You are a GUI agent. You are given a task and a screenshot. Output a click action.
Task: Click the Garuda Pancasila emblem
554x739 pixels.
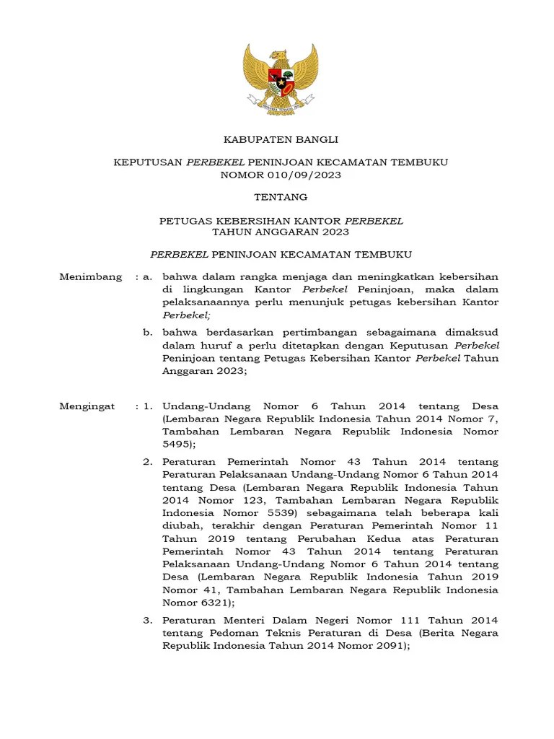tap(281, 79)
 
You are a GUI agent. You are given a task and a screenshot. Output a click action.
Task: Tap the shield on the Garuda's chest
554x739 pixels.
tap(281, 77)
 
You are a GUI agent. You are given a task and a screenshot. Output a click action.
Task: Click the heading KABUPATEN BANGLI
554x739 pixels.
tap(281, 139)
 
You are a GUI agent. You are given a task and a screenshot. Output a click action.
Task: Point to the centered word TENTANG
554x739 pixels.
tap(281, 197)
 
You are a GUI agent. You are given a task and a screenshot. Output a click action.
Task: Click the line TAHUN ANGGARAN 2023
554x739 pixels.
tap(281, 232)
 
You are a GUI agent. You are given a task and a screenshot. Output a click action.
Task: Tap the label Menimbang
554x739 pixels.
tap(90, 277)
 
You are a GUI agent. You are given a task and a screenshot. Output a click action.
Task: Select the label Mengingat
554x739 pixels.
tap(87, 406)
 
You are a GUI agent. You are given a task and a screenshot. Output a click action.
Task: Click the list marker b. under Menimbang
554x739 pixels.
tap(147, 333)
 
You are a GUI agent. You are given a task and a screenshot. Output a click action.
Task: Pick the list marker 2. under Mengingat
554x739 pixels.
tap(147, 461)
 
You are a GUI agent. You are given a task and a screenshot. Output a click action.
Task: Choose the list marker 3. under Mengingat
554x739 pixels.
tap(147, 621)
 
